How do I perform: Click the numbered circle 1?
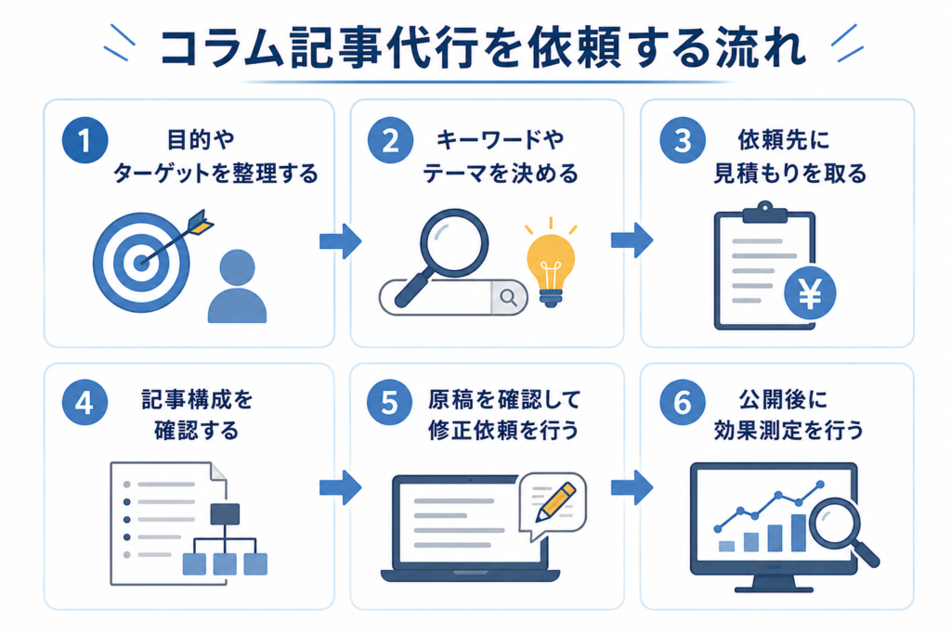point(85,140)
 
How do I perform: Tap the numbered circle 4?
point(85,402)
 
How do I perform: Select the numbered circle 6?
point(683,402)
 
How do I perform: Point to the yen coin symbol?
point(810,293)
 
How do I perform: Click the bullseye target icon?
point(141,263)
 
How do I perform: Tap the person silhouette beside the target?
point(237,286)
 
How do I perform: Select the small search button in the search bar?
point(508,297)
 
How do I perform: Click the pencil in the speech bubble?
point(555,502)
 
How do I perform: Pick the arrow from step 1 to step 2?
point(340,240)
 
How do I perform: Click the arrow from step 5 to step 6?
point(632,487)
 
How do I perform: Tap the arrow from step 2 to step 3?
point(632,240)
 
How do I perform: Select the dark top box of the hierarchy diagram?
point(225,514)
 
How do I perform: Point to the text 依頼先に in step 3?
point(783,141)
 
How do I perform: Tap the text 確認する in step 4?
point(197,432)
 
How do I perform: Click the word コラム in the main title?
point(220,47)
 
